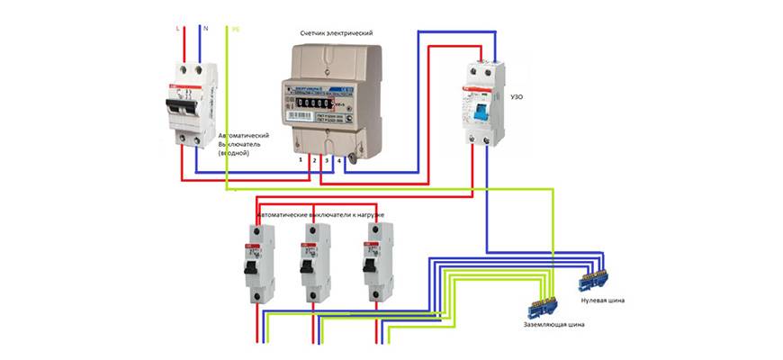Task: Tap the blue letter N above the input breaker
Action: click(208, 29)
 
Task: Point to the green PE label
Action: click(236, 29)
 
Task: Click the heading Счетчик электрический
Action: click(336, 32)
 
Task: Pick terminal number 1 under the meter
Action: click(300, 158)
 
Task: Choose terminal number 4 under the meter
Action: click(338, 158)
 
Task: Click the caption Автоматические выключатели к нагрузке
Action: click(321, 217)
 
